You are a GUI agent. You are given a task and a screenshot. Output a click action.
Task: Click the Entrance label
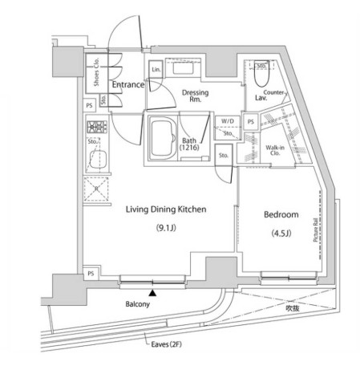tap(127, 84)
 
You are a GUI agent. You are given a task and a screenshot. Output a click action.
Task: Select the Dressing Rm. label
tap(195, 96)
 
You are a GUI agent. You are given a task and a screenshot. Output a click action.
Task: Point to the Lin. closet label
tap(156, 71)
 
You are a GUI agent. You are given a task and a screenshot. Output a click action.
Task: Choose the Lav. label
tap(261, 98)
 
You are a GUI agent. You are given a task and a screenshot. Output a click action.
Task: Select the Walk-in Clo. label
tap(275, 150)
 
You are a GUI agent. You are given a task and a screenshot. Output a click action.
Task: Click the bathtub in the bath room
tap(164, 139)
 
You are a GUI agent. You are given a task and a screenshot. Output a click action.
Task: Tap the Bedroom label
tap(281, 216)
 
